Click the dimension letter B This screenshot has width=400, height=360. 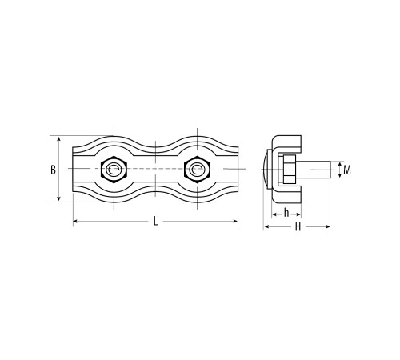(x=54, y=170)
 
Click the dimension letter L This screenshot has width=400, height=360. (x=155, y=221)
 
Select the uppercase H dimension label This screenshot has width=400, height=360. (x=298, y=227)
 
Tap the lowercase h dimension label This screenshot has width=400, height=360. (x=286, y=213)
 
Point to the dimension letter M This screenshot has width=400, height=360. (x=347, y=170)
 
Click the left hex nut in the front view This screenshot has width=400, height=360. (x=114, y=169)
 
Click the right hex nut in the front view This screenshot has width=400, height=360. (x=197, y=169)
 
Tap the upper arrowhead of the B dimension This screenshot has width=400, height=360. (x=59, y=138)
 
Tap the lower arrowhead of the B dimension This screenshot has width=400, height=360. (x=59, y=198)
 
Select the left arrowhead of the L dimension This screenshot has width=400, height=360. (x=75, y=221)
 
